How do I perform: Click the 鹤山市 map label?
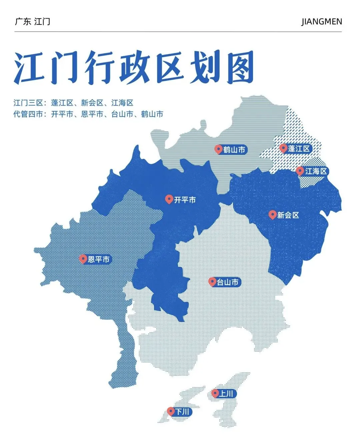(234, 150)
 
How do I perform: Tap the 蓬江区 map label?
(299, 149)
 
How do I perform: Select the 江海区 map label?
(316, 171)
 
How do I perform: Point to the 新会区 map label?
(288, 215)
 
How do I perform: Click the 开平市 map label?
(185, 200)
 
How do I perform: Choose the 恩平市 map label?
(99, 259)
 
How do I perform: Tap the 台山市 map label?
(228, 282)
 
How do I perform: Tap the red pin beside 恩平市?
(83, 258)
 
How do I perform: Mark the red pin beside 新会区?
(272, 214)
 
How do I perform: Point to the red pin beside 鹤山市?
(219, 149)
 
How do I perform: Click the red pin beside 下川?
(171, 411)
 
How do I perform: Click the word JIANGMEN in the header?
(322, 22)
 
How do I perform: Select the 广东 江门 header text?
(33, 22)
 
